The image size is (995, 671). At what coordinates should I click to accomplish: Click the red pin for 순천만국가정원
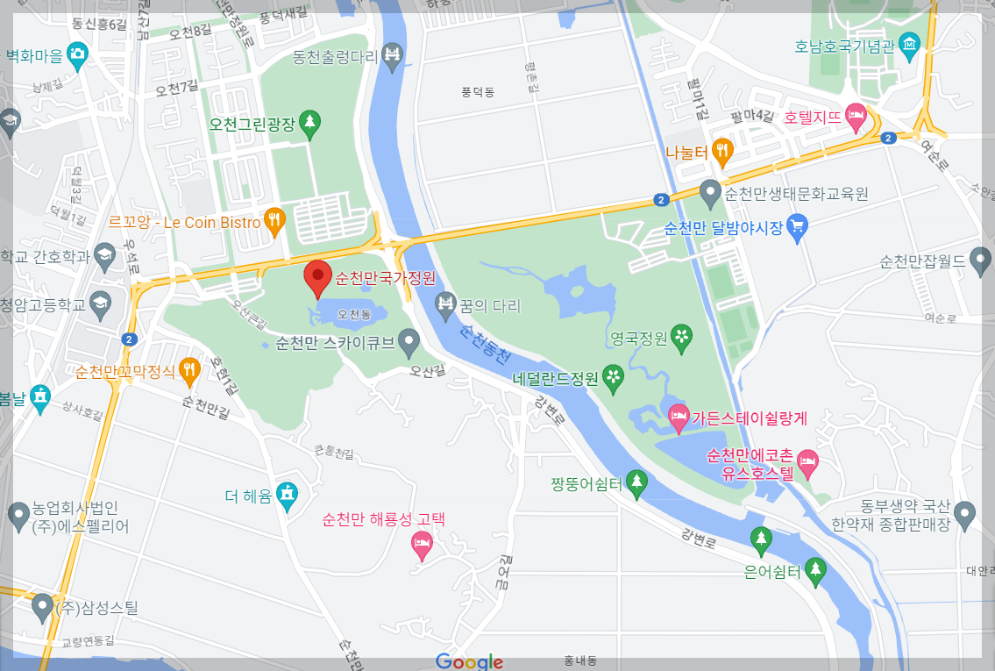point(317,277)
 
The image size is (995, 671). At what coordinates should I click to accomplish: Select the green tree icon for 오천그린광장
point(309,124)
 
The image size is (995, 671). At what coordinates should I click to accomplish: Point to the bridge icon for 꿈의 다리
point(445,305)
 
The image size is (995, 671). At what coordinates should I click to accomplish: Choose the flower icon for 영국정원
point(681,335)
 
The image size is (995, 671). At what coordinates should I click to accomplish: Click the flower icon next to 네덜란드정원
point(614,377)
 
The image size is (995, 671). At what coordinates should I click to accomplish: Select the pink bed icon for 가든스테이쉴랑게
point(678,418)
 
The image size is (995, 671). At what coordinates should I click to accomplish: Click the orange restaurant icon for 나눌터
point(722,151)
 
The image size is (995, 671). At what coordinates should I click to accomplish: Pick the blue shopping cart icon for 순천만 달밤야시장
point(797,227)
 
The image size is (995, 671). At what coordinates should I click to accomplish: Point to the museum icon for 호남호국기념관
point(910,45)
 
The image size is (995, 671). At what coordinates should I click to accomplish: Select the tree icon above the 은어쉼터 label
point(761,539)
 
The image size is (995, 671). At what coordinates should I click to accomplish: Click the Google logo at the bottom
point(469,661)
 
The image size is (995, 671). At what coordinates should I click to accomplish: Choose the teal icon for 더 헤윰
point(287,496)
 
